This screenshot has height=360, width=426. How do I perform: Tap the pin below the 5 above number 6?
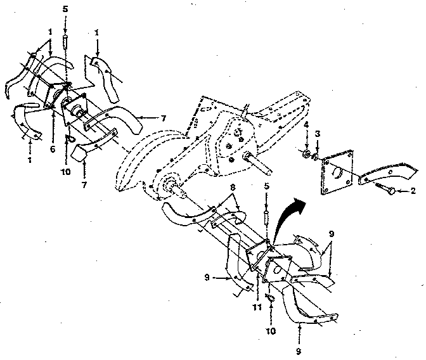(x=65, y=42)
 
